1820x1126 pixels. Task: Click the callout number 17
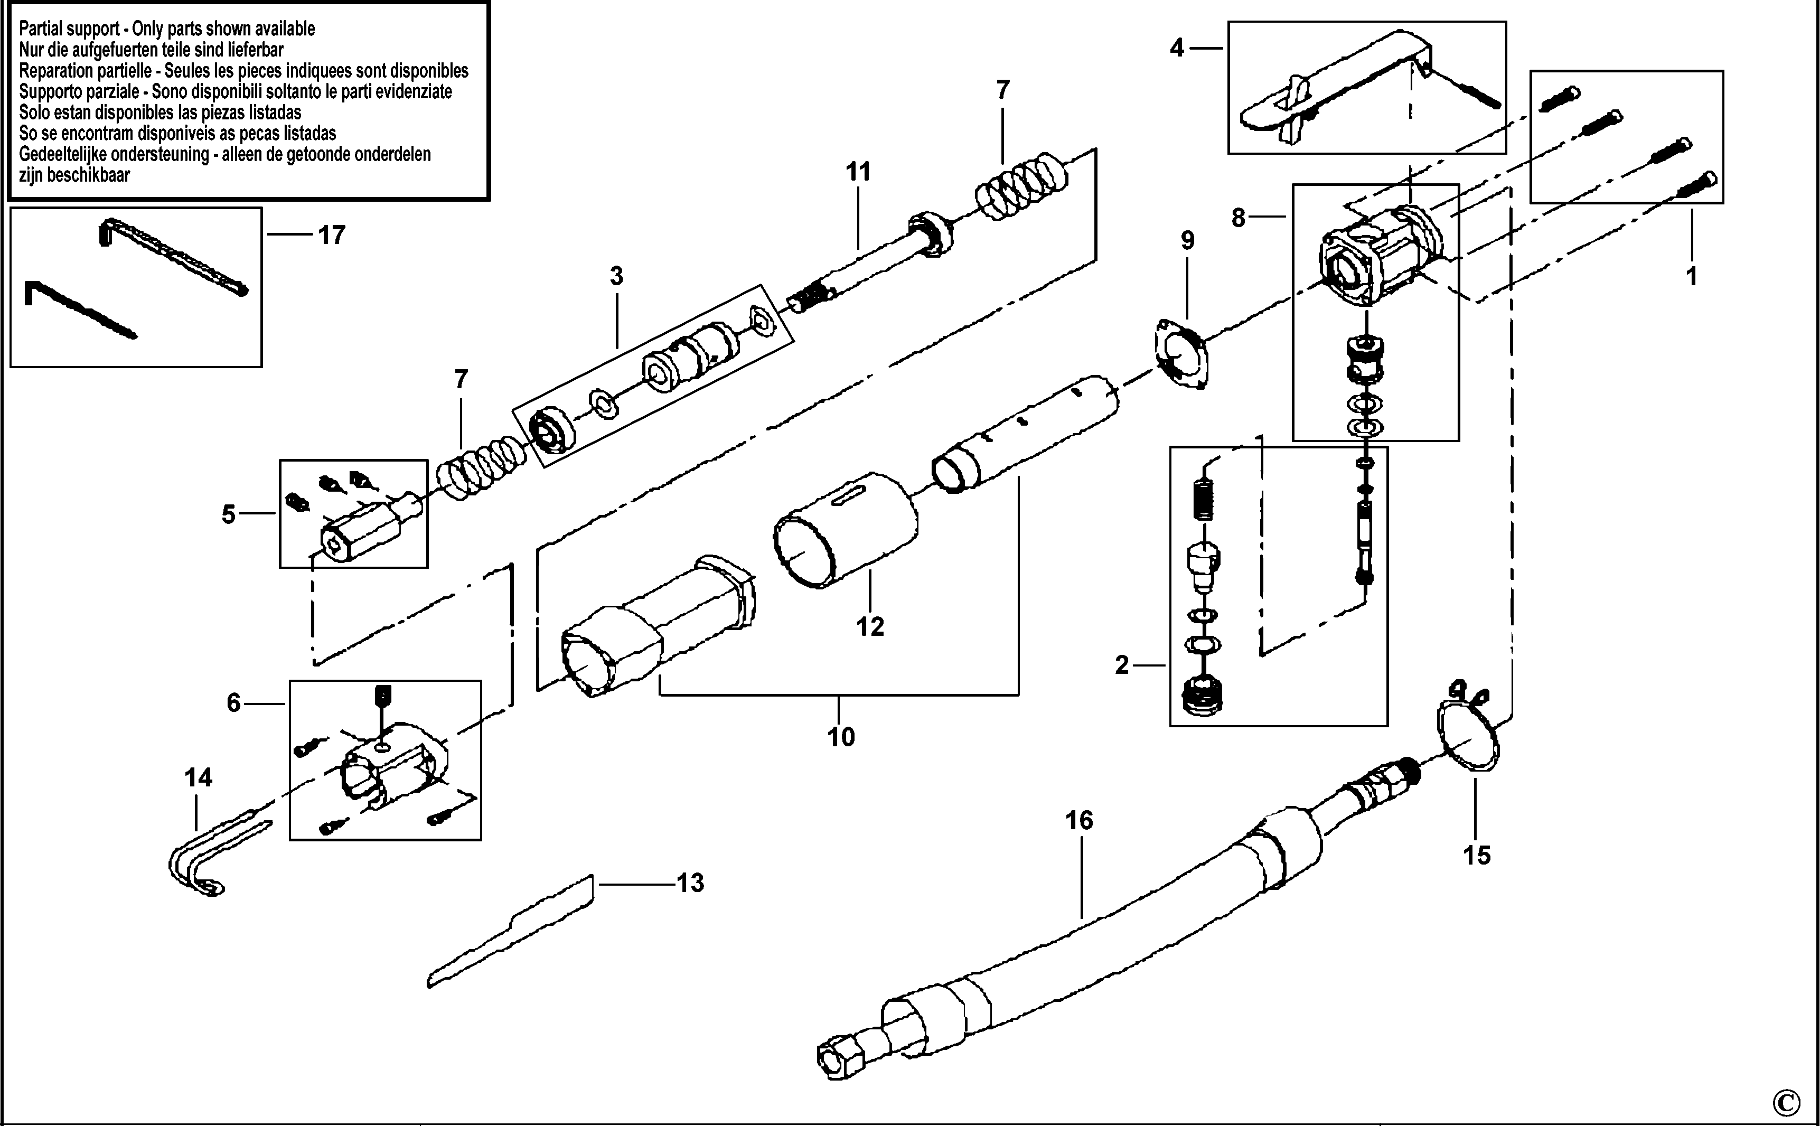(331, 236)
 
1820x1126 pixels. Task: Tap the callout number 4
(1177, 49)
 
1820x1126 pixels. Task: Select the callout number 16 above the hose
(1079, 821)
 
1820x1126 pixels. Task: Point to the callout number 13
(690, 883)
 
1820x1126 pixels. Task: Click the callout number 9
(1187, 240)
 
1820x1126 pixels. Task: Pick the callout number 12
(870, 627)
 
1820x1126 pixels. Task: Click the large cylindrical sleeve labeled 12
(845, 530)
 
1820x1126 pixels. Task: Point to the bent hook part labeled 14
(216, 857)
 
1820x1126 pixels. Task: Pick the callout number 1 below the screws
(1691, 276)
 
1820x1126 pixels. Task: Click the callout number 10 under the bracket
(841, 737)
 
